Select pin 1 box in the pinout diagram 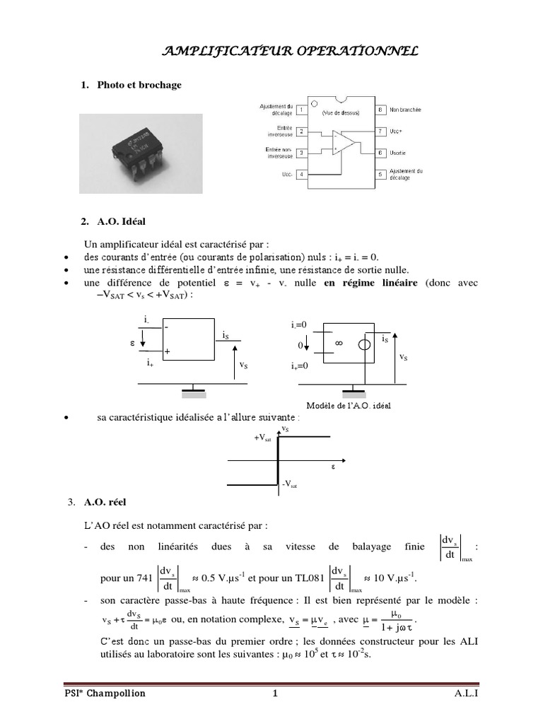[x=302, y=110]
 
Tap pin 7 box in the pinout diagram [x=380, y=132]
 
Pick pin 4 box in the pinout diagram [x=302, y=174]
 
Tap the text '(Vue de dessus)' [x=340, y=113]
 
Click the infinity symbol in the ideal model [x=338, y=343]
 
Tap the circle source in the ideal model [x=363, y=344]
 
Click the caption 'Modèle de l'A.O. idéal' [x=348, y=406]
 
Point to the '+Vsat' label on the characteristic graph [x=262, y=438]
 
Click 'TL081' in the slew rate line [x=308, y=578]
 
